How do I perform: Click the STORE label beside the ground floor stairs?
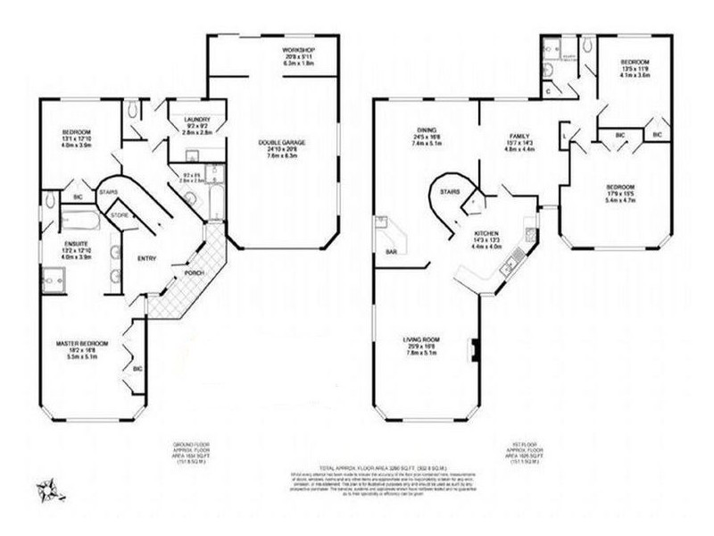coord(120,214)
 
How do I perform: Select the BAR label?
coord(390,253)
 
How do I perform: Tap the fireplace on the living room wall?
coord(475,349)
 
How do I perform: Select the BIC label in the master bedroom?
coord(137,367)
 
